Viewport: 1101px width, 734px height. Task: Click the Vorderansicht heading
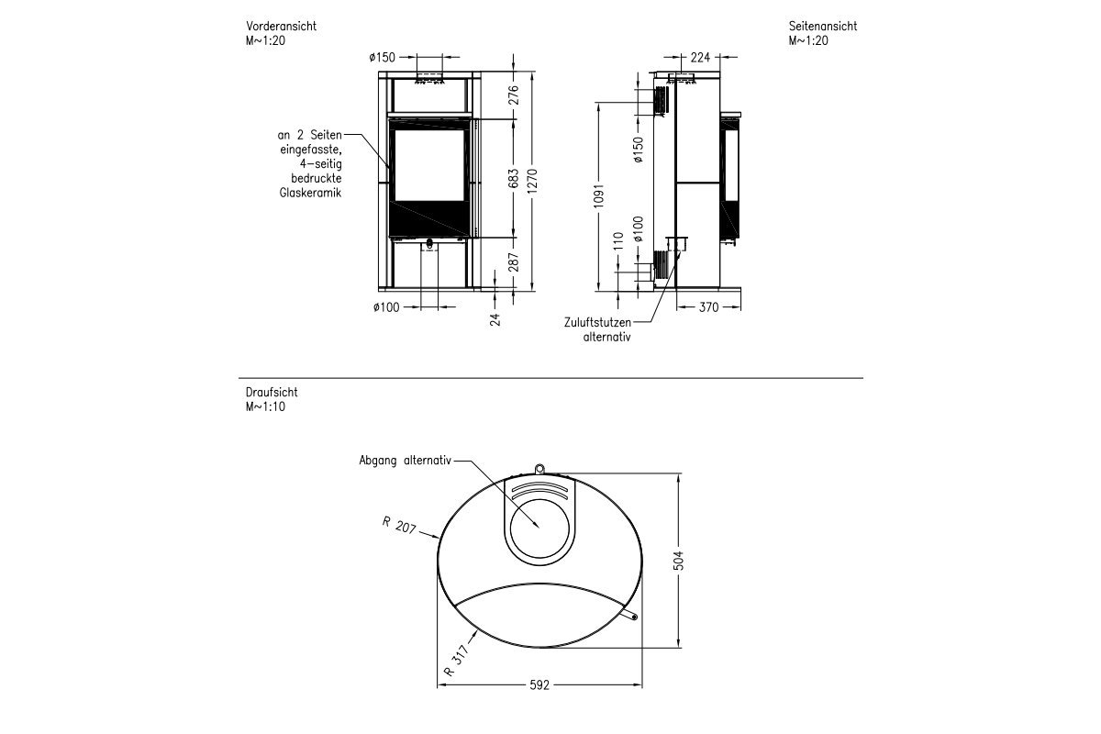[281, 27]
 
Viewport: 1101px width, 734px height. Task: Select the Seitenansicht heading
[822, 27]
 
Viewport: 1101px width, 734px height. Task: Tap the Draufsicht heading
[272, 392]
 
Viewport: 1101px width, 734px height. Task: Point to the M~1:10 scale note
[266, 406]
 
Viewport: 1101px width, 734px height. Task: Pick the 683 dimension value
[514, 179]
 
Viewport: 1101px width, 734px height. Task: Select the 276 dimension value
[514, 95]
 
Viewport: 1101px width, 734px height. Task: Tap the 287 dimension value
[514, 262]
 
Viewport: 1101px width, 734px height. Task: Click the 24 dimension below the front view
[496, 318]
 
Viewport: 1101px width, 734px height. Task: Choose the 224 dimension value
[700, 57]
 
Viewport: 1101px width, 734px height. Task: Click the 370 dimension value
[707, 307]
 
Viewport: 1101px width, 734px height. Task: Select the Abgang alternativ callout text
[405, 462]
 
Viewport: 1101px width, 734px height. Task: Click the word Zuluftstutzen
[598, 323]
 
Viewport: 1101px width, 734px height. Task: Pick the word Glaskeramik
[311, 194]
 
